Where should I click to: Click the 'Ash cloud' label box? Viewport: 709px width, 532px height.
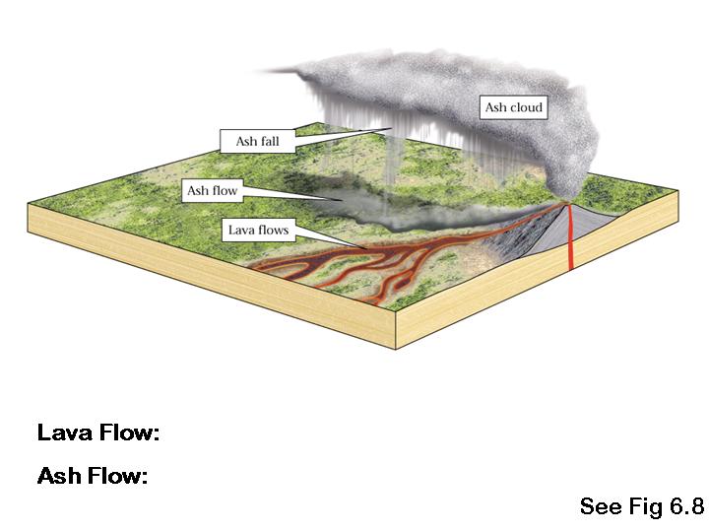click(513, 107)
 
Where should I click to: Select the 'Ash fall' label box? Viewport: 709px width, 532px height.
click(257, 141)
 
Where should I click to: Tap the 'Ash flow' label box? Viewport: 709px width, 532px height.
click(213, 190)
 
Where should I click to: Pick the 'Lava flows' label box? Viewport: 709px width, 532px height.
click(258, 231)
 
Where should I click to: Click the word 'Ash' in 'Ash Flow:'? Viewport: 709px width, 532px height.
click(57, 477)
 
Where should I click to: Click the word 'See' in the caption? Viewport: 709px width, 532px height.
click(600, 506)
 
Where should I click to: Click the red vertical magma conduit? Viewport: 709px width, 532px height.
click(569, 246)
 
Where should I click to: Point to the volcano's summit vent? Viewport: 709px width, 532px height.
click(568, 204)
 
